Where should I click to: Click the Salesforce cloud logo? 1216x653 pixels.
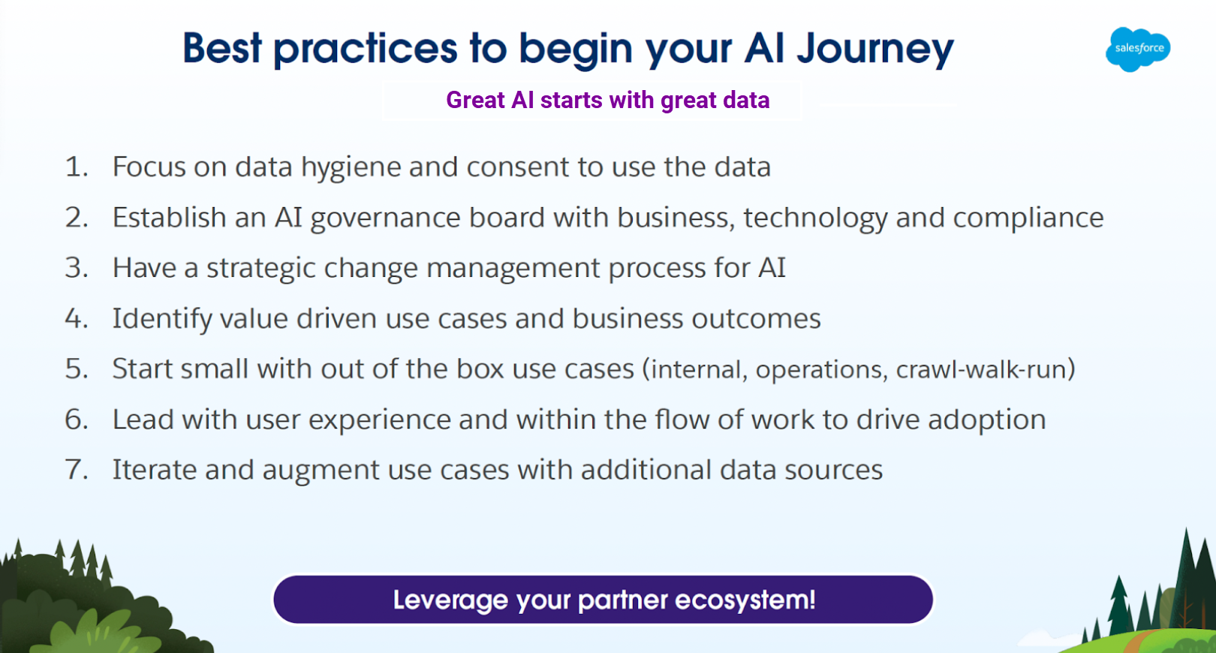pyautogui.click(x=1138, y=49)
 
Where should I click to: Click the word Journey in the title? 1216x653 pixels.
pyautogui.click(x=875, y=50)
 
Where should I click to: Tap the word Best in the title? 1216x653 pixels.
pyautogui.click(x=223, y=48)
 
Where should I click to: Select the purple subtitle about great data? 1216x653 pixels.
pyautogui.click(x=608, y=101)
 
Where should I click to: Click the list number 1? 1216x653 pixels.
pyautogui.click(x=77, y=167)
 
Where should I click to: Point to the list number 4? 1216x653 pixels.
pyautogui.click(x=77, y=318)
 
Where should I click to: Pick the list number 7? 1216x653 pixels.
pyautogui.click(x=77, y=470)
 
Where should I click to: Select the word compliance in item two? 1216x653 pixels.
pyautogui.click(x=1028, y=218)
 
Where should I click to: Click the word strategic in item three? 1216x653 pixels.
pyautogui.click(x=260, y=269)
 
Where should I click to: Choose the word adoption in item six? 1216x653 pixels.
pyautogui.click(x=987, y=420)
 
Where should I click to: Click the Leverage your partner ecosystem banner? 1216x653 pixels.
pyautogui.click(x=603, y=600)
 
